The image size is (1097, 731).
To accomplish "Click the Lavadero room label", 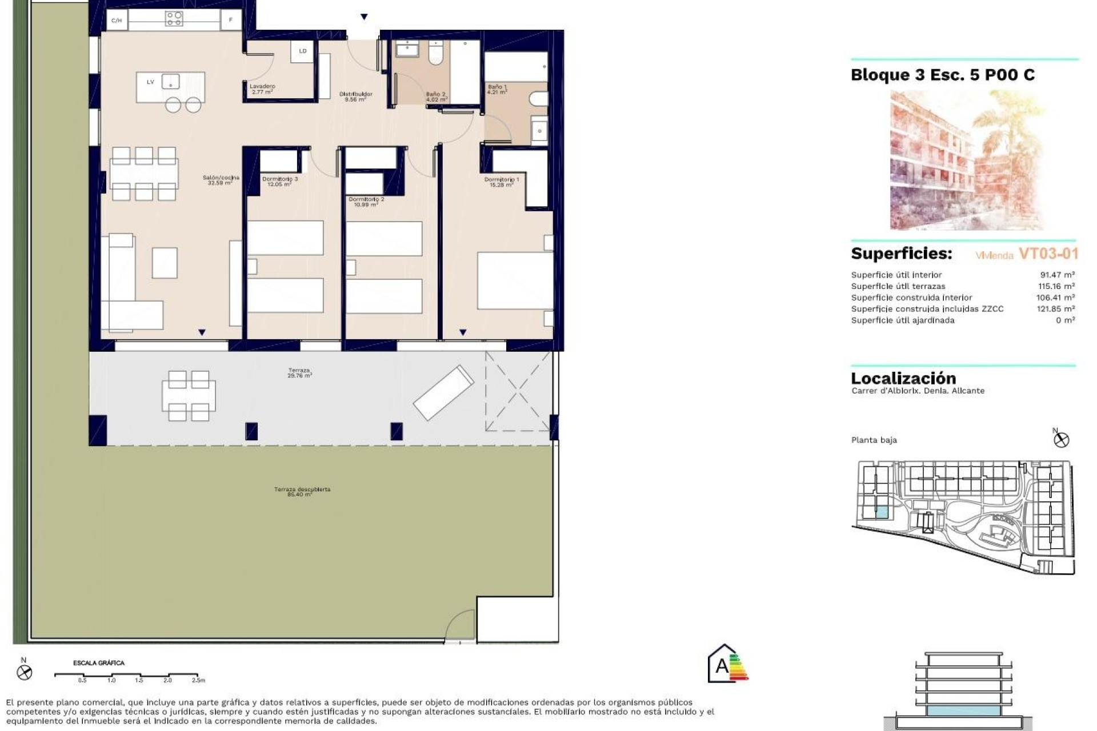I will (x=262, y=89).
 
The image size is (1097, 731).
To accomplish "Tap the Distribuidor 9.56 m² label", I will (x=355, y=97).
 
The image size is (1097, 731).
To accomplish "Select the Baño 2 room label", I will (x=436, y=97).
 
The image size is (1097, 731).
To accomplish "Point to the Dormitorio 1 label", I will (x=502, y=182).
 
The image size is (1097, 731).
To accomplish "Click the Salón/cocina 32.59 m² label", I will (x=221, y=180).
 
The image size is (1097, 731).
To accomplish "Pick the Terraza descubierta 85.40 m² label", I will (x=302, y=492).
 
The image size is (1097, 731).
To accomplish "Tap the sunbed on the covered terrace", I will (x=443, y=392).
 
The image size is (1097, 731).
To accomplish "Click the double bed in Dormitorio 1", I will (x=515, y=280).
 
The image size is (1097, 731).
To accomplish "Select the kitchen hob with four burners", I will (x=174, y=19).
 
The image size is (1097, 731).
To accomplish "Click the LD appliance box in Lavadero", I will (x=302, y=51).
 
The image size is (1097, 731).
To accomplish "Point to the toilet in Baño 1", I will (x=538, y=99).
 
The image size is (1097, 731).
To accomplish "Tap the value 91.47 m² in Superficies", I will (x=1057, y=275).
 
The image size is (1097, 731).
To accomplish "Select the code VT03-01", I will (x=1048, y=254).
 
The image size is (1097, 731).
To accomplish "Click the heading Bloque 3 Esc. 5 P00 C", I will (x=942, y=75).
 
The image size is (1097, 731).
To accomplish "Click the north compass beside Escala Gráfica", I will (x=24, y=672).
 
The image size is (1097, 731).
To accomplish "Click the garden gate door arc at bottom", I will (x=461, y=626).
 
